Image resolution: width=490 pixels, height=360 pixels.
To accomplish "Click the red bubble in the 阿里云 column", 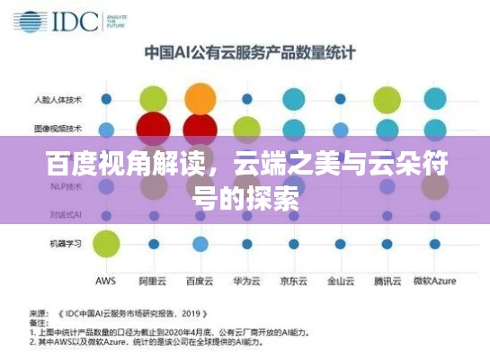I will click(x=155, y=128).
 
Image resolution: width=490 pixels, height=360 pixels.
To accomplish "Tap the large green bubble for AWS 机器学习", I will click(x=106, y=243).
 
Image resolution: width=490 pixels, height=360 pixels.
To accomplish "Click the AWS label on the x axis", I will click(x=105, y=281).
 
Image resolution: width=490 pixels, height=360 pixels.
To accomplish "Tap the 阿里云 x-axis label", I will click(x=154, y=281).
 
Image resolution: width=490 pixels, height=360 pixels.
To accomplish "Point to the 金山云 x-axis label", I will click(x=340, y=281).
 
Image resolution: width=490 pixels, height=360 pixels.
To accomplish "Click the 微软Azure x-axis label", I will click(x=435, y=281).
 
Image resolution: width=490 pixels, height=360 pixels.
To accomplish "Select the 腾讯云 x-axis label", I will click(x=387, y=281).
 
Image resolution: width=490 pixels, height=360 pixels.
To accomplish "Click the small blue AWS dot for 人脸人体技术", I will click(x=107, y=98).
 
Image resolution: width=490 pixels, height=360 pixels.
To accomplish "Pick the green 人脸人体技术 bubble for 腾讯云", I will click(x=388, y=99).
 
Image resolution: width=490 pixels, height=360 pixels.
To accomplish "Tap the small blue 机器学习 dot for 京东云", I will click(x=294, y=244).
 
